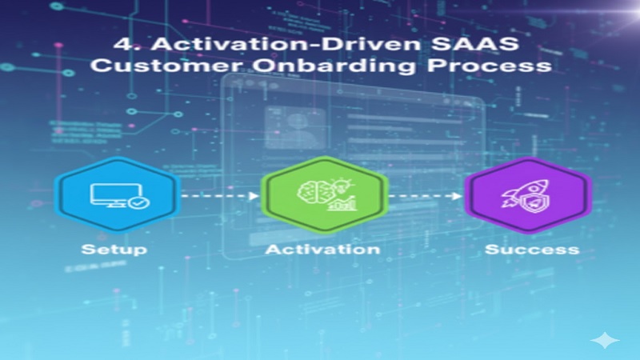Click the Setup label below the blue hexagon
113,249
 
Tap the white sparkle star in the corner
605,340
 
